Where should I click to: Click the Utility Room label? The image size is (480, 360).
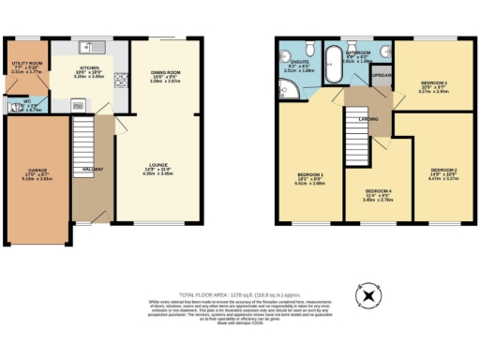click(x=26, y=67)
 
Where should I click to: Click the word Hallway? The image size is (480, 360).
click(x=93, y=168)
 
